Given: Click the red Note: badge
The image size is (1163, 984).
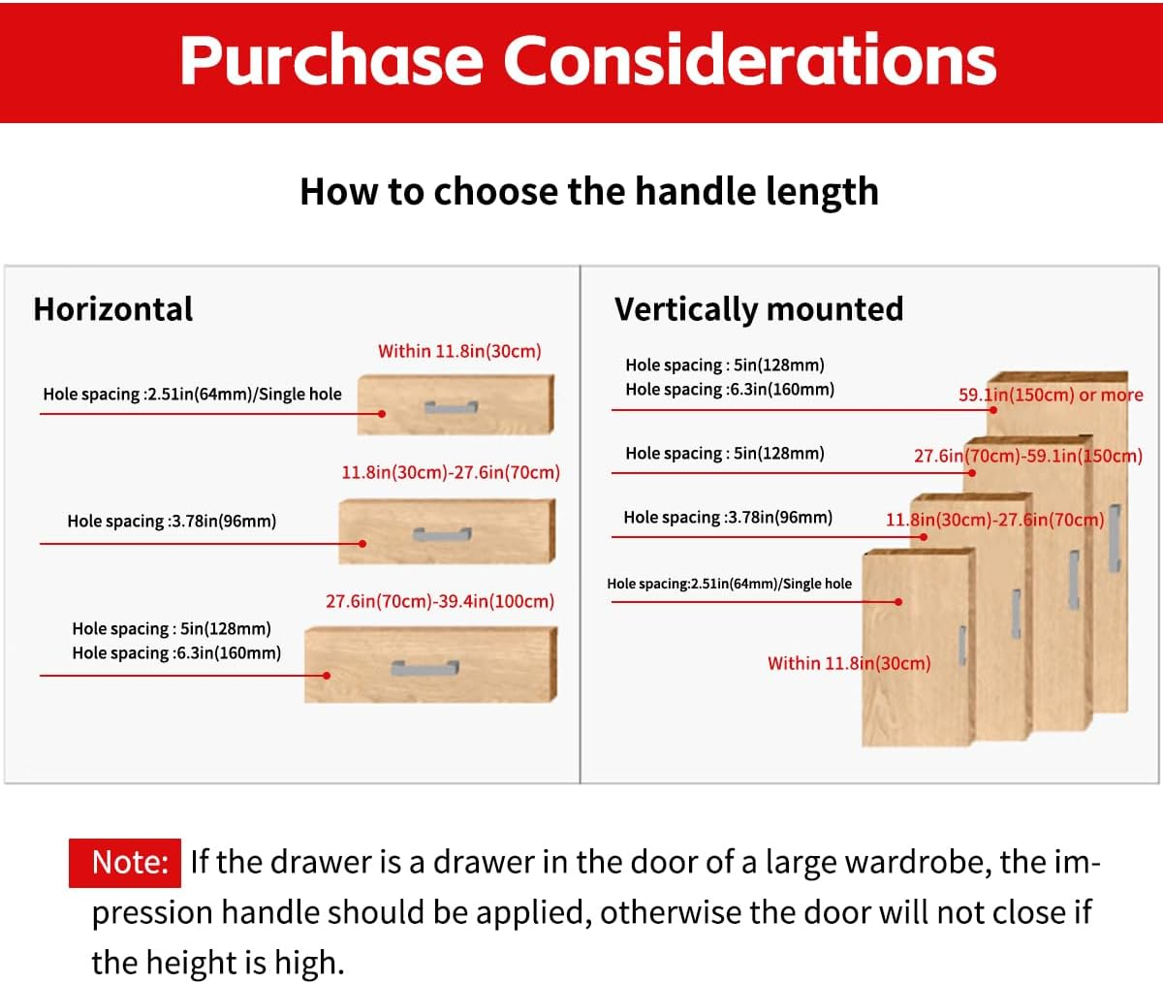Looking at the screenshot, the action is tap(125, 863).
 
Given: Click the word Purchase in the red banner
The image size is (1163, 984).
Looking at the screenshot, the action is tap(331, 60).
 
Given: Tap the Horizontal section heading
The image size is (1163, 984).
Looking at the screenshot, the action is tap(113, 309).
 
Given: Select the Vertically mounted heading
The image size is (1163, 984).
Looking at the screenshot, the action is tap(759, 309).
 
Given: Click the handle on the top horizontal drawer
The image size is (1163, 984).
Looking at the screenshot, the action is tap(451, 407).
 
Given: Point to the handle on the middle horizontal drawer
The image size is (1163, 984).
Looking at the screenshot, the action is tap(442, 534).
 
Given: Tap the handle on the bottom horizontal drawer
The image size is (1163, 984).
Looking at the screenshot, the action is tap(424, 668).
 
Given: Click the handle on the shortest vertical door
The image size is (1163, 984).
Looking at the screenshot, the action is tap(962, 645).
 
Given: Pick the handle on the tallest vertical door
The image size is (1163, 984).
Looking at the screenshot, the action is tap(1115, 538).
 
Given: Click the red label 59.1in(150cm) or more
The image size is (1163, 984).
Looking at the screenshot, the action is tap(1051, 395).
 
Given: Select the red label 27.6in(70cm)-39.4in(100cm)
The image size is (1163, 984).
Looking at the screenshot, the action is tap(440, 601).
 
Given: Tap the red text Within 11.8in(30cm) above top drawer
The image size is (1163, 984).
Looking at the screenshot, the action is tap(459, 351).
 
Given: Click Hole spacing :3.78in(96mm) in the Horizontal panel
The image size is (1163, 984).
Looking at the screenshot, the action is tap(172, 521).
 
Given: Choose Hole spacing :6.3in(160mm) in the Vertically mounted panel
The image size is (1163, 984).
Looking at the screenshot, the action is tap(730, 389).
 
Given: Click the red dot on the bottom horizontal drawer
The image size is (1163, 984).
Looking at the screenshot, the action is tap(327, 676).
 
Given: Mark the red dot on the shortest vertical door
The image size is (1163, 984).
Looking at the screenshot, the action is tap(898, 602).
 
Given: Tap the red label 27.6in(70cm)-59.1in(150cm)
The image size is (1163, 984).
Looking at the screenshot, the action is tap(1028, 456).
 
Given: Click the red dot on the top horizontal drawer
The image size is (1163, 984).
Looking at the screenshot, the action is tap(382, 414).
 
